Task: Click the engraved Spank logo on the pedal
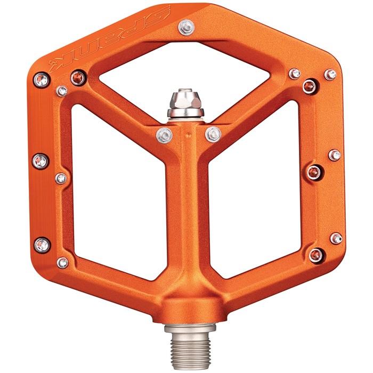[109, 38]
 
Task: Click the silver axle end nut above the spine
[185, 104]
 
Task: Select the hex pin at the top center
[186, 28]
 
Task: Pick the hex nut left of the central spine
[164, 135]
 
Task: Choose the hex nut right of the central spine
[213, 135]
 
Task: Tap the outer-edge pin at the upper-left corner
[42, 80]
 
